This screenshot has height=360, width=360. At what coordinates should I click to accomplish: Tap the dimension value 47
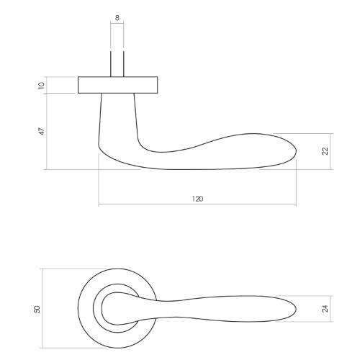pos(42,131)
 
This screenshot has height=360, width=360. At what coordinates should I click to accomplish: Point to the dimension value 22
pos(325,151)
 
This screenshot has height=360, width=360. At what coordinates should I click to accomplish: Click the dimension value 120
pos(197,198)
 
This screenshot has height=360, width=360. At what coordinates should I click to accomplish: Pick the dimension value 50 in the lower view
pos(37,308)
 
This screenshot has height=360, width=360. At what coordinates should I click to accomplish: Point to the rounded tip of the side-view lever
pos(294,150)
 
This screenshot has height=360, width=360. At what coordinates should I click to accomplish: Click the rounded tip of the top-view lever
pos(294,308)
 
